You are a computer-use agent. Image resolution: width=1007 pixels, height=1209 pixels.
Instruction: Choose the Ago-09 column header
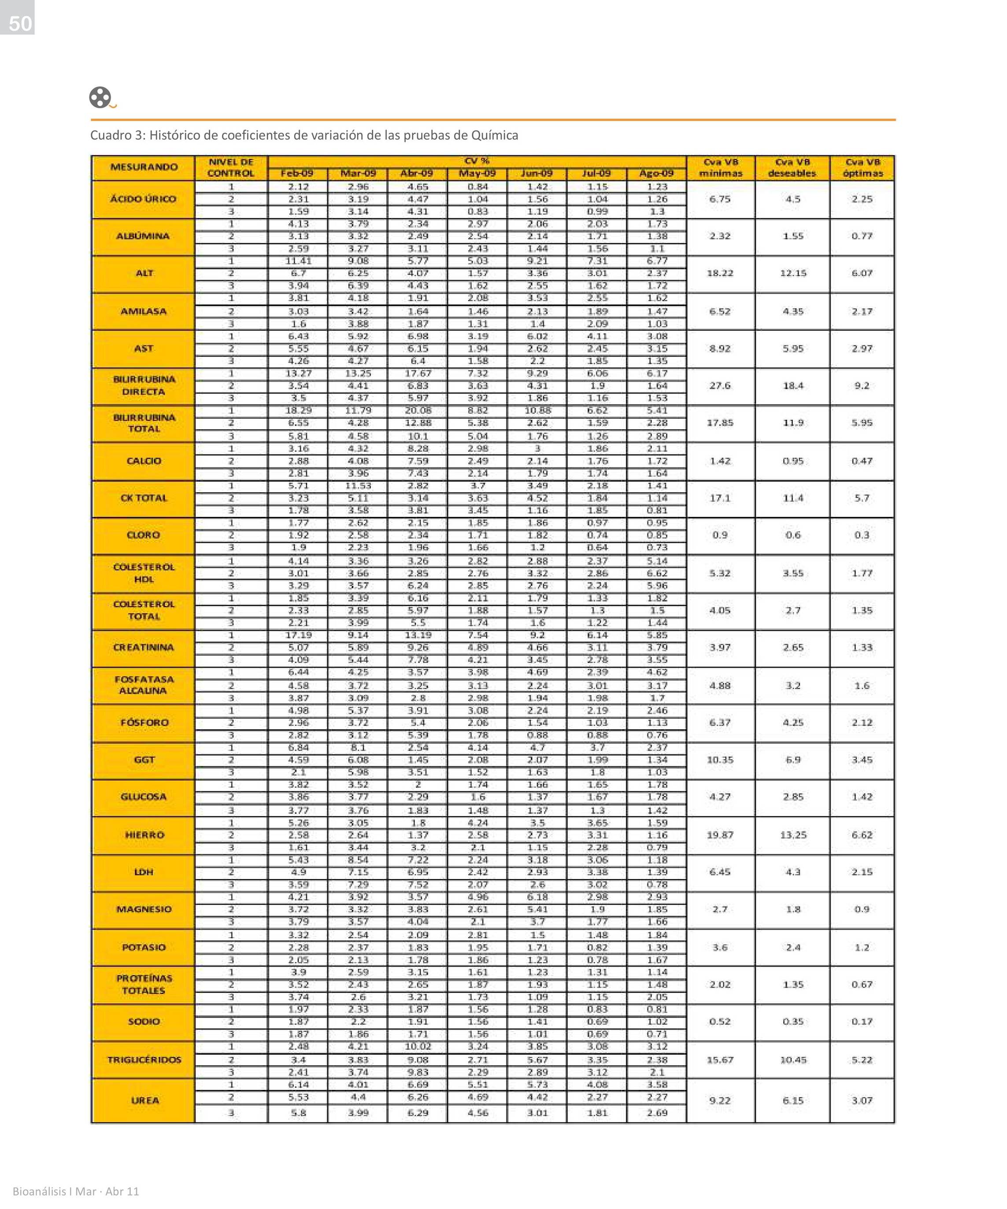(x=656, y=173)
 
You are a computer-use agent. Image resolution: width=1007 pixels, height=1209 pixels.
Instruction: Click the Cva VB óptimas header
(x=862, y=167)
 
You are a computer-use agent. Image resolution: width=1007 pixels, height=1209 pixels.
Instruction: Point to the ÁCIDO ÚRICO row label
(x=143, y=199)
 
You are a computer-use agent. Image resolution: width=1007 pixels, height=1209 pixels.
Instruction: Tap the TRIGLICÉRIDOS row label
(x=144, y=1059)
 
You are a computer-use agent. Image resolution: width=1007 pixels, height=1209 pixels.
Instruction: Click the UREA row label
(x=144, y=1100)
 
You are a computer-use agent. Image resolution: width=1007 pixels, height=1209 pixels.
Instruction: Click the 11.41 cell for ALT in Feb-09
(x=298, y=261)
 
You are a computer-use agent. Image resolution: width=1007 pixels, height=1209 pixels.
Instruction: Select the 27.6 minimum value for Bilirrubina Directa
(x=720, y=386)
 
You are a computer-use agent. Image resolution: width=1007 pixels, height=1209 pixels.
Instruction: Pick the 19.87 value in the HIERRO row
(x=720, y=835)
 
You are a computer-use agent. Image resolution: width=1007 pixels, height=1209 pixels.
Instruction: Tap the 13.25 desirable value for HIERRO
(x=793, y=835)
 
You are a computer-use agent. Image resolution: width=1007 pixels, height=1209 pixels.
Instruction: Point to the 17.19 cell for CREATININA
(x=298, y=635)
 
